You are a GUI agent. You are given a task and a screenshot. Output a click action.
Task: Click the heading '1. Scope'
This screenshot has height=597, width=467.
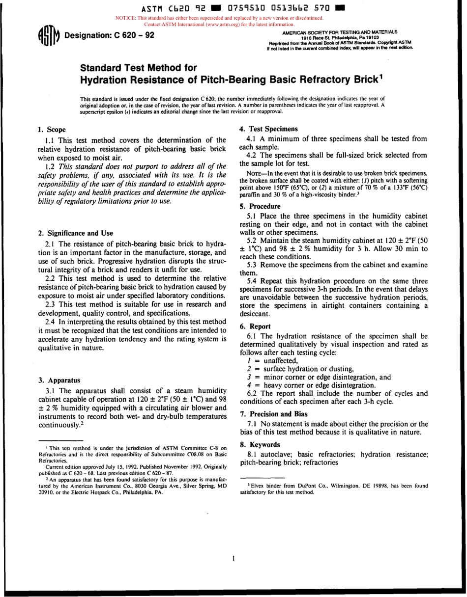[x=52, y=130]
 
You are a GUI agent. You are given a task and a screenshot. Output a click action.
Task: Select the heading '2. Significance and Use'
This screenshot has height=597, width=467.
[x=76, y=233]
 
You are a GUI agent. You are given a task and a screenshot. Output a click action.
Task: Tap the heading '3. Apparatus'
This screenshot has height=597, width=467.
[x=59, y=380]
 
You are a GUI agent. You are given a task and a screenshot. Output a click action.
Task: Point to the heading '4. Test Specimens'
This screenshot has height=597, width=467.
[x=268, y=129]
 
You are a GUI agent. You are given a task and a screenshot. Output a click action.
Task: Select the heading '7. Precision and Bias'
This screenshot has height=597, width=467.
[x=273, y=413]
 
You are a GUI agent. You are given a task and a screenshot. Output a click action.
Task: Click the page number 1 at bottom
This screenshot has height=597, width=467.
[x=233, y=558]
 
